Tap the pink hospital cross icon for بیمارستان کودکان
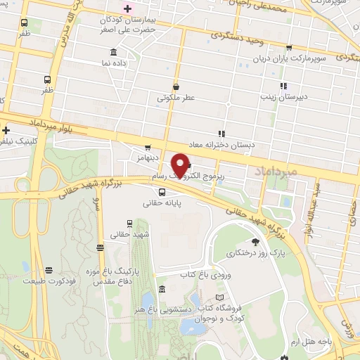click(x=127, y=8)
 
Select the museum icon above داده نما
click(x=114, y=52)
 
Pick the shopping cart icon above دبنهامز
click(x=147, y=148)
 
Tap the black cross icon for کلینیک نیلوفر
click(x=6, y=130)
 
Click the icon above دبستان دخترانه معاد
click(x=221, y=133)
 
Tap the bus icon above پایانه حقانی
click(x=162, y=192)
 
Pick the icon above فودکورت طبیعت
click(x=49, y=270)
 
